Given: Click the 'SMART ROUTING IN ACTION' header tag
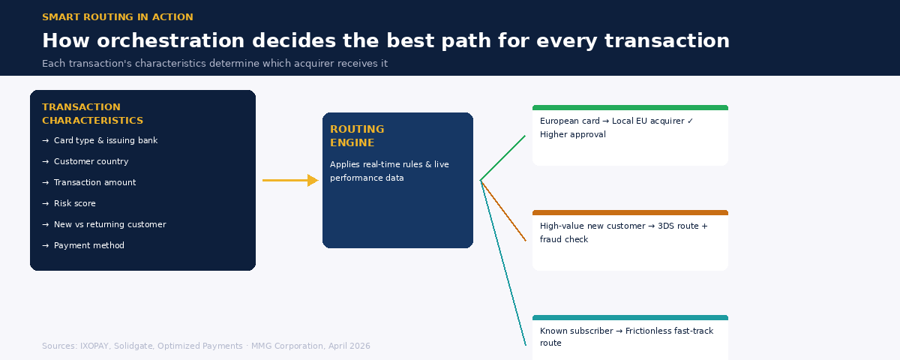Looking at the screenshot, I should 117,17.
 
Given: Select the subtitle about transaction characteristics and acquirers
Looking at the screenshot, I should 214,64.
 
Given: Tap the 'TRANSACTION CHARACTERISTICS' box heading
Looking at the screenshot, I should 92,114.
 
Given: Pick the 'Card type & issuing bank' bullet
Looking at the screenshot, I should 105,141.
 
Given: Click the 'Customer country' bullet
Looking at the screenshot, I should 91,162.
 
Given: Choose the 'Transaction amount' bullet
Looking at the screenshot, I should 94,183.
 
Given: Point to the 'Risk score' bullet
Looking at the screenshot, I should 74,204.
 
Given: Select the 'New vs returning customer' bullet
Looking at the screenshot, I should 109,225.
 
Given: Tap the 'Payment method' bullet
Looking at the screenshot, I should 88,246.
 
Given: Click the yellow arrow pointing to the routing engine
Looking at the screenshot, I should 290,181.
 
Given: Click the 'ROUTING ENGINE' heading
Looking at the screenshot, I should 357,136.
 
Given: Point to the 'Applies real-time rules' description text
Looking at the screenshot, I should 389,172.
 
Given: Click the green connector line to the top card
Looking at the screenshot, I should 502,158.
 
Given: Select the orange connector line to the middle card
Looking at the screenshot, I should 503,211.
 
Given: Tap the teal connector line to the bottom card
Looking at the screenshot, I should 503,263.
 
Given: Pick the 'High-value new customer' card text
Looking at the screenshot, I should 623,232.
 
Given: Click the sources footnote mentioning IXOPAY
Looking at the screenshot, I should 205,346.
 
